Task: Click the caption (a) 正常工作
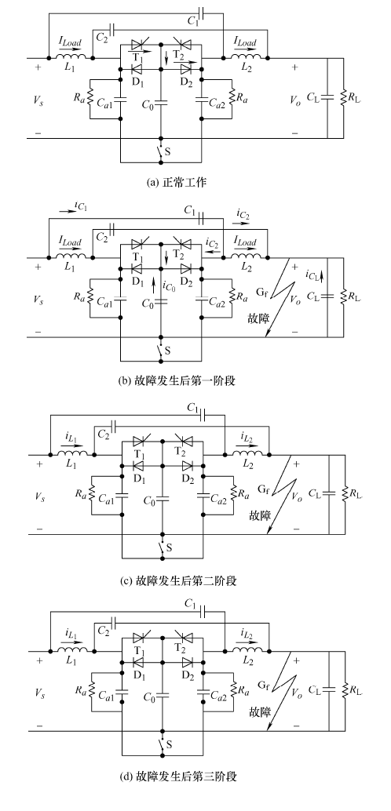coord(177,182)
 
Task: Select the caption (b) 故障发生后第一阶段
coord(177,381)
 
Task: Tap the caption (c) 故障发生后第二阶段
coord(177,581)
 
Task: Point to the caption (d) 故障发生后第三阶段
coord(177,776)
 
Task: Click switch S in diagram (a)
coord(160,151)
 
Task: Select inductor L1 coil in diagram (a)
coord(71,57)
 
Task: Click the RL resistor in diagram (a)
coord(343,96)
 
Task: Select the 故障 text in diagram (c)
coord(259,515)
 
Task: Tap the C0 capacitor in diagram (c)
coord(163,499)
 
